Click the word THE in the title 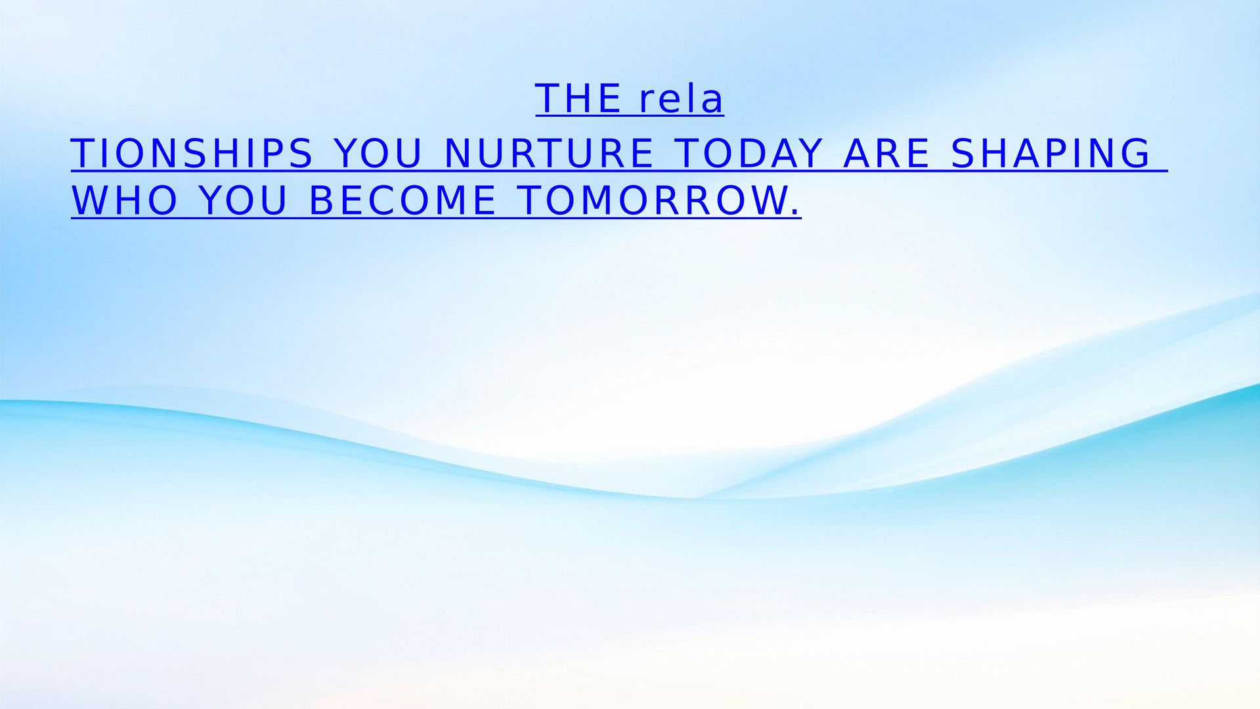click(x=578, y=99)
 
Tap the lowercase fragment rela click(x=681, y=99)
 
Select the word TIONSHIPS click(x=192, y=154)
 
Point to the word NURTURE click(x=549, y=154)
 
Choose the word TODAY click(x=749, y=154)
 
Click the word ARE click(x=886, y=154)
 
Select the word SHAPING click(x=1051, y=154)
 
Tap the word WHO click(x=124, y=201)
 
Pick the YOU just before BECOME click(x=242, y=201)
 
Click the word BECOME click(x=402, y=201)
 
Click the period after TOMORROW click(x=796, y=212)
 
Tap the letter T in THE click(x=548, y=99)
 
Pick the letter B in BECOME click(x=321, y=201)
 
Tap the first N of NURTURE click(x=457, y=154)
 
